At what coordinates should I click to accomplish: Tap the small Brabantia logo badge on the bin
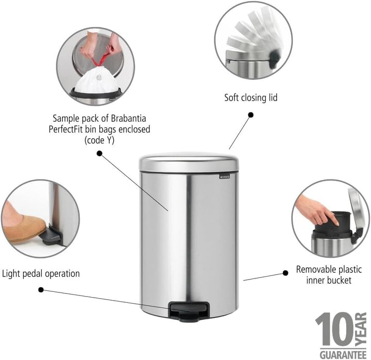tap(224, 176)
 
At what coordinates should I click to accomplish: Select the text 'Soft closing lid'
tap(250, 97)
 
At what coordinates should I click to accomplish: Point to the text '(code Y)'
tap(99, 140)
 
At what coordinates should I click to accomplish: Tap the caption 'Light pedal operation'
tap(41, 274)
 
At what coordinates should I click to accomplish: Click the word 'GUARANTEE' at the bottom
tap(343, 355)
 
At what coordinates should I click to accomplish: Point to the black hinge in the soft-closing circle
tap(275, 59)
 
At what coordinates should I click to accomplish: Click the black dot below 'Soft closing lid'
tap(250, 115)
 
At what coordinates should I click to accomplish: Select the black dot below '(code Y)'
tap(99, 154)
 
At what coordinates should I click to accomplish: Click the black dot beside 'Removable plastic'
tap(285, 273)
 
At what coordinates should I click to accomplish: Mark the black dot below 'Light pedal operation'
tap(41, 290)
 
